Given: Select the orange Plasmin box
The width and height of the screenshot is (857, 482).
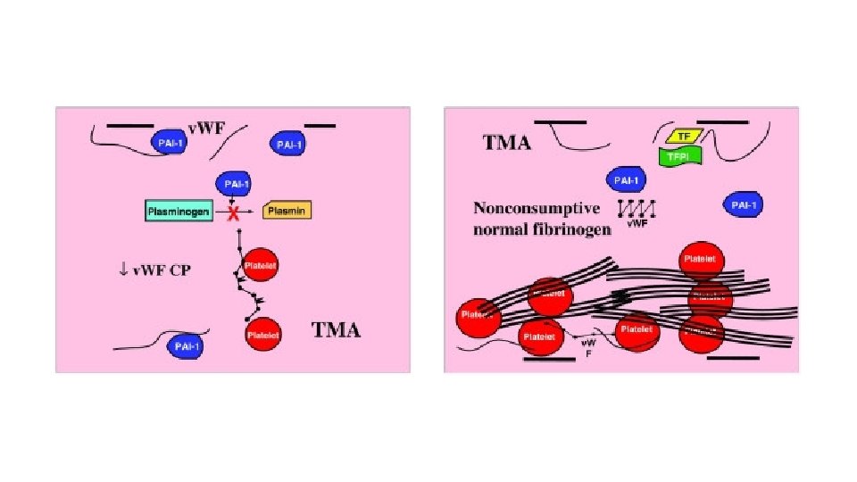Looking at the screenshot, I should pos(287,212).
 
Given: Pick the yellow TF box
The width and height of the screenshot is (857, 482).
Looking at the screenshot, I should pos(685,136).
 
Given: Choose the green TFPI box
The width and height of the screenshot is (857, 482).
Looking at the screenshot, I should pos(680,156).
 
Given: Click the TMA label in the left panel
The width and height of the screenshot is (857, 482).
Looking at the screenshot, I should pos(336,330).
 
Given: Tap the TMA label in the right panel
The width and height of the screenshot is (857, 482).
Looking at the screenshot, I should pos(507,142).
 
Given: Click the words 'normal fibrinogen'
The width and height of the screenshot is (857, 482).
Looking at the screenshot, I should pos(542,229).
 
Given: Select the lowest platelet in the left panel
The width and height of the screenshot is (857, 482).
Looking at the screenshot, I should pos(262,335).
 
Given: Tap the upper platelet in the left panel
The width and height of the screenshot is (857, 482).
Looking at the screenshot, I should pos(261,265).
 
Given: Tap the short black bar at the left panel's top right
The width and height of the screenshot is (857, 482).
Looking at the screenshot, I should pos(320,126).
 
